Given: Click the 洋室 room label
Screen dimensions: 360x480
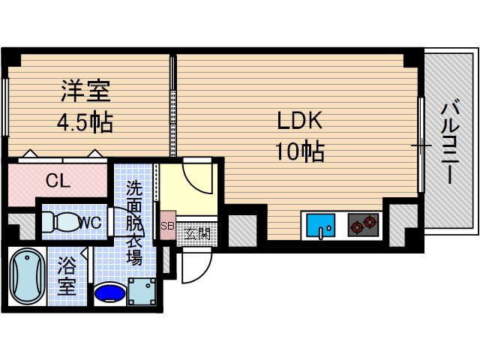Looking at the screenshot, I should [85, 91].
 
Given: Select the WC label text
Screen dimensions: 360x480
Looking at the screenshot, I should [89, 222].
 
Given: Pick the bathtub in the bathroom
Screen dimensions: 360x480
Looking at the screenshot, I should [26, 276].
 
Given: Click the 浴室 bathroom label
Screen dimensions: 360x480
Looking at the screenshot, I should [65, 275].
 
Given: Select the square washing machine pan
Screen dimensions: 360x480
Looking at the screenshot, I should [142, 290].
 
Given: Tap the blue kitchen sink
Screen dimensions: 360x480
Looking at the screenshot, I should [322, 224].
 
